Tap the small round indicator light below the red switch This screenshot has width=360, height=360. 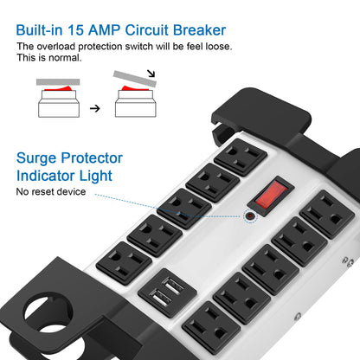(250, 214)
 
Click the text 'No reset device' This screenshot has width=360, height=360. (51, 191)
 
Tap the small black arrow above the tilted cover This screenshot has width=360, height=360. (152, 75)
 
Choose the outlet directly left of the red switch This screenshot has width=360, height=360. (211, 183)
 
